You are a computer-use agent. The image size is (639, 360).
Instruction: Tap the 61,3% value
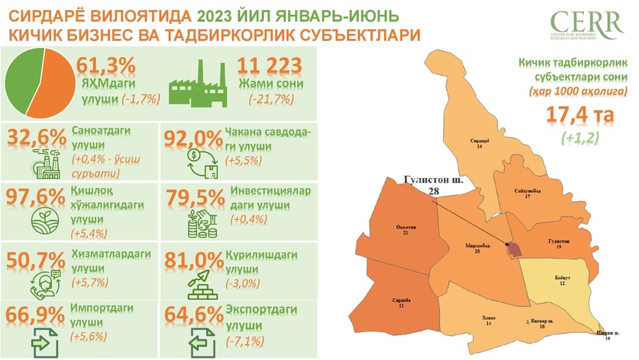pyautogui.click(x=106, y=65)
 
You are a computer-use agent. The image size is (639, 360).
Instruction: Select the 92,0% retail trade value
pyautogui.click(x=192, y=137)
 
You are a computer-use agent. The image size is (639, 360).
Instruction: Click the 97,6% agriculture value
pyautogui.click(x=36, y=196)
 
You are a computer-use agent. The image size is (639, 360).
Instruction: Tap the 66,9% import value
pyautogui.click(x=36, y=314)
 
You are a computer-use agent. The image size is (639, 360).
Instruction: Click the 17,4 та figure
pyautogui.click(x=569, y=117)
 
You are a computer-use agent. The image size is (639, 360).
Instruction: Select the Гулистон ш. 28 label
pyautogui.click(x=435, y=185)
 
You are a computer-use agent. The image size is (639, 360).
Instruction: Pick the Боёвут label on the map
pyautogui.click(x=562, y=279)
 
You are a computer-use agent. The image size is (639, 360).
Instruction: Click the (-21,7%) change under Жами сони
pyautogui.click(x=270, y=100)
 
